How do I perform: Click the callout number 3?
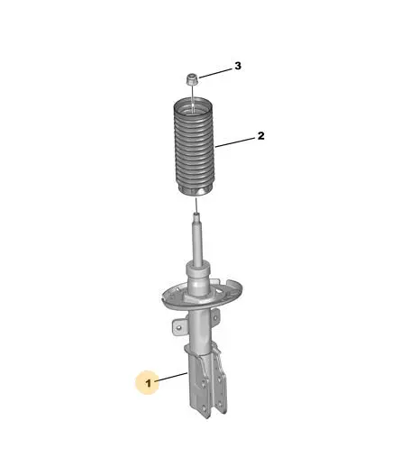238,66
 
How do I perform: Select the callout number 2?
260,136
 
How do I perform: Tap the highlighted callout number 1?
148,383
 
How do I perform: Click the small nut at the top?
192,79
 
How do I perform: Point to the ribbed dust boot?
193,148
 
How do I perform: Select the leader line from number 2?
235,142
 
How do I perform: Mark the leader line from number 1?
171,377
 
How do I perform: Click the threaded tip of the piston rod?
196,216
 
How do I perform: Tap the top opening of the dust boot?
193,106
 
